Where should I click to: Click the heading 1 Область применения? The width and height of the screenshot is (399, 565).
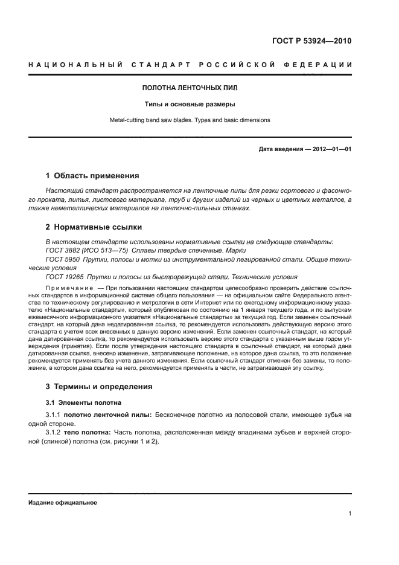[92, 176]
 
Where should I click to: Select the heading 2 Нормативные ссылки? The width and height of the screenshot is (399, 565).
[94, 227]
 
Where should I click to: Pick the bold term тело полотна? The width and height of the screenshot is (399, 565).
[95, 433]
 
